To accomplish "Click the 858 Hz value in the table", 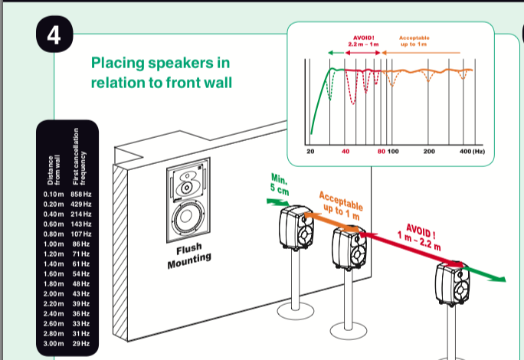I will tap(81, 195).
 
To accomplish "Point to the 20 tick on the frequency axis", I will tap(310, 152).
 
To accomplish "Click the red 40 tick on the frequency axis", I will tap(346, 152).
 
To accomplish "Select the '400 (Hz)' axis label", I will tap(473, 152).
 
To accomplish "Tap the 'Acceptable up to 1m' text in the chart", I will tap(414, 41).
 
